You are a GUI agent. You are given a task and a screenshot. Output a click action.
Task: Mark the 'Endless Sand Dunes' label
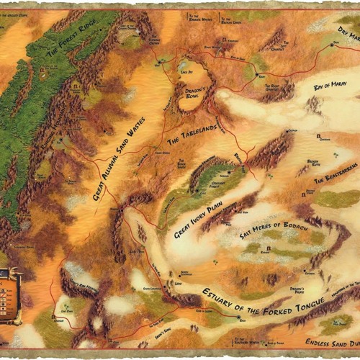pos(331,343)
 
